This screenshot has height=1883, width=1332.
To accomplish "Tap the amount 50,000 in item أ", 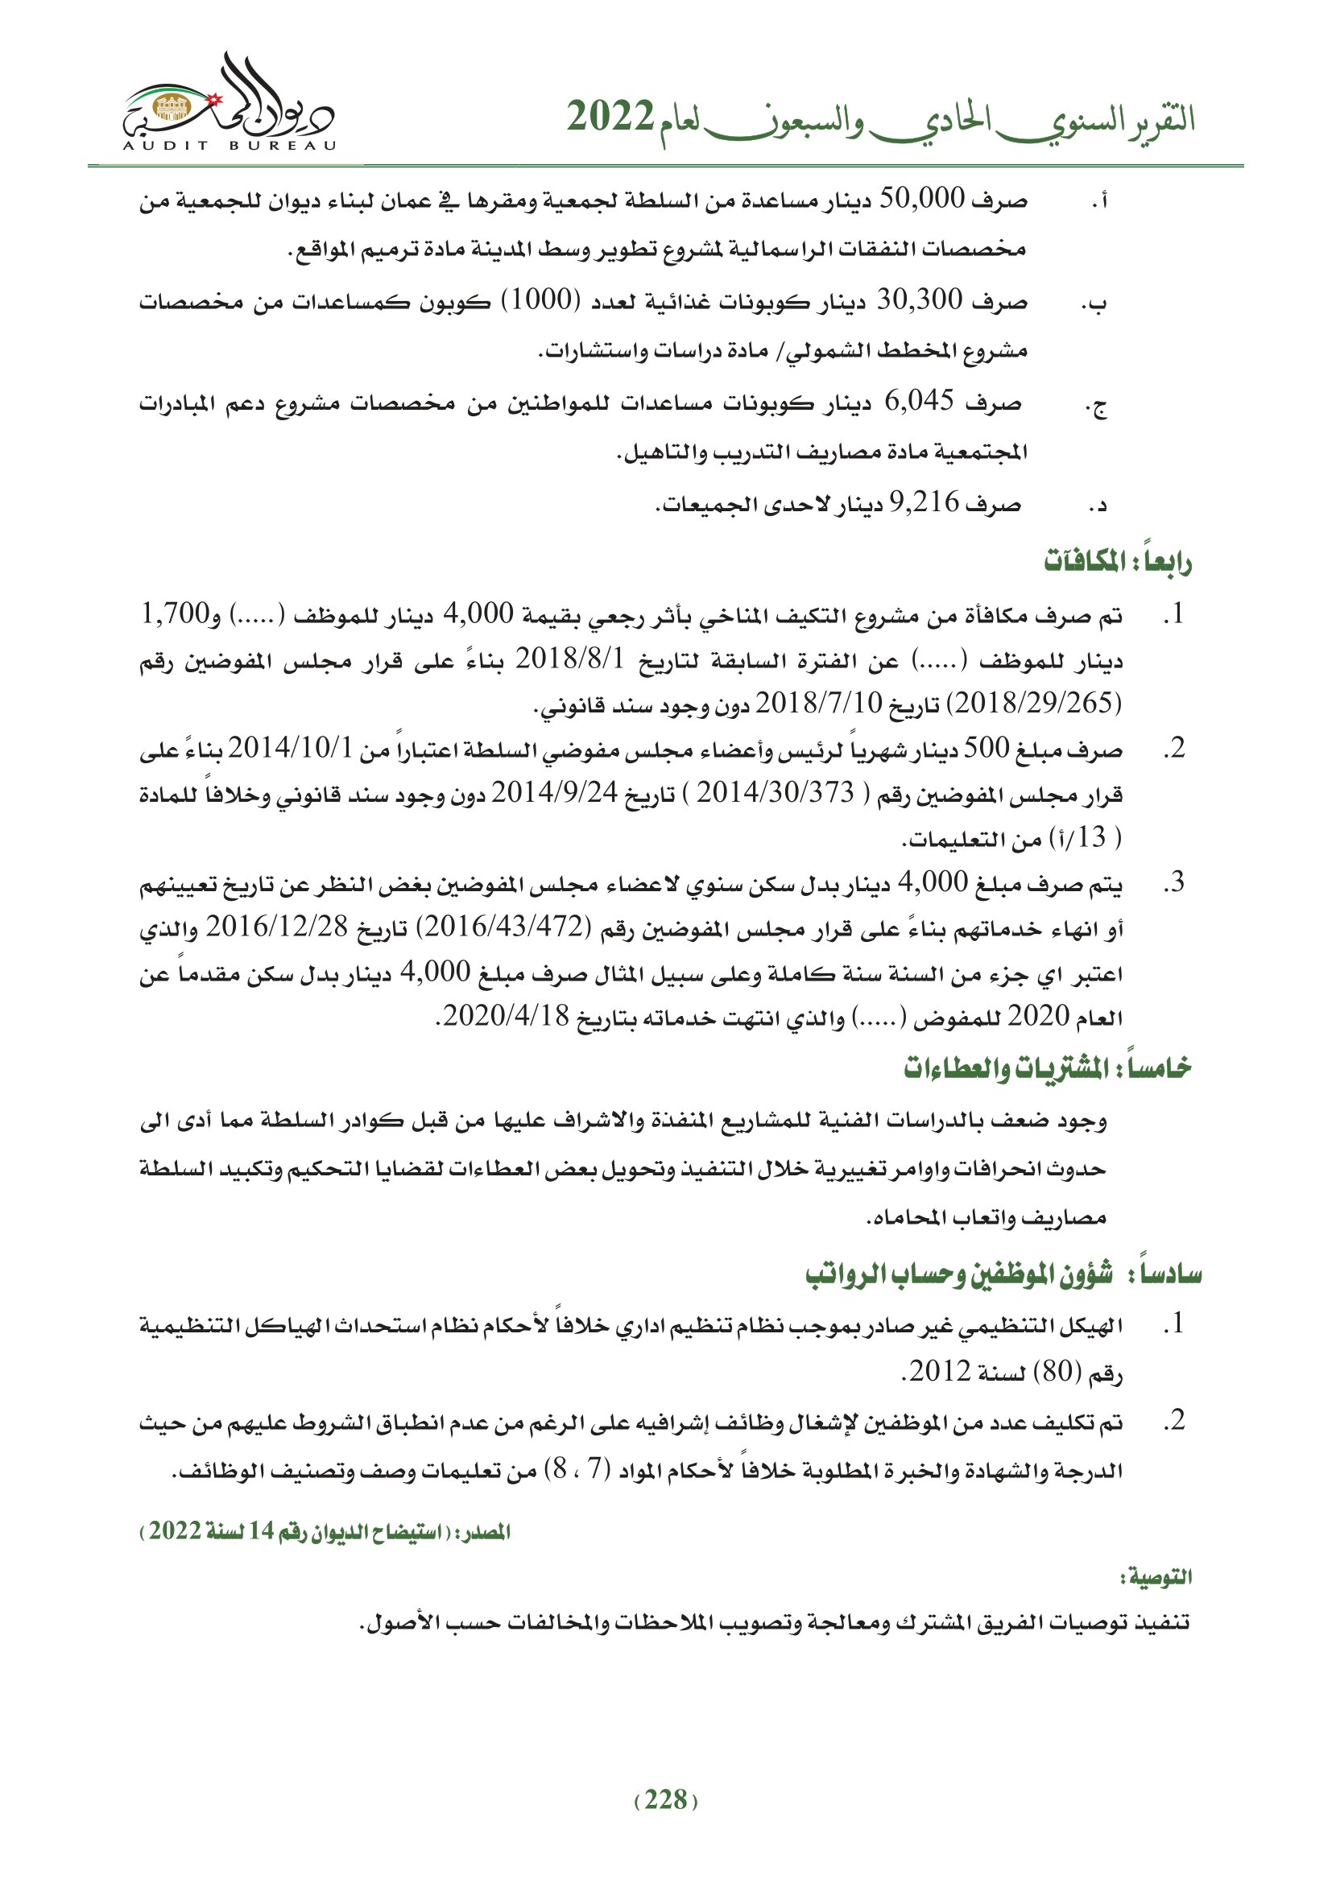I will point(920,200).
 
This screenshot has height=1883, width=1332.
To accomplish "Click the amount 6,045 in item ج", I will point(920,402).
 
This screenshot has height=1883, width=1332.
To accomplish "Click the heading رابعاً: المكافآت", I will point(1117,564).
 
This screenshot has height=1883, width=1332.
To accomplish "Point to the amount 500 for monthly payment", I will point(985,749).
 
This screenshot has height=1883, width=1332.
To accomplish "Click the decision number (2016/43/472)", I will point(503,927).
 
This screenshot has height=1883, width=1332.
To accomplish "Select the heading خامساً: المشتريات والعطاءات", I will point(1048,1069).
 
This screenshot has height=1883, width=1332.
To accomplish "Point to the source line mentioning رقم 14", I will point(325,1532).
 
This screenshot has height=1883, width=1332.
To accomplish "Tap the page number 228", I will point(665,1800).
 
